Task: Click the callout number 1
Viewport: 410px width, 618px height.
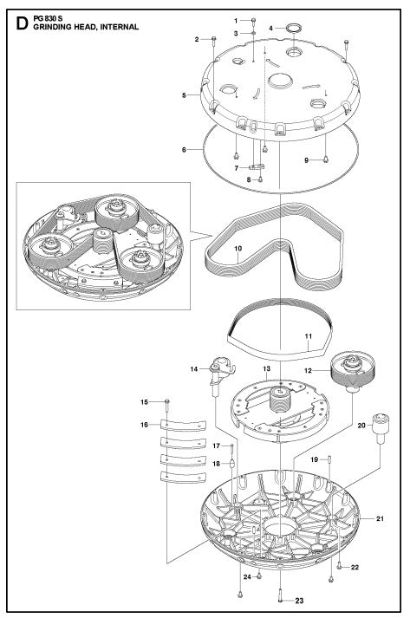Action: [x=235, y=20]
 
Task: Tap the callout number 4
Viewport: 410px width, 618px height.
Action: [x=271, y=28]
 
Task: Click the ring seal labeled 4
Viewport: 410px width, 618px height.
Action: [x=293, y=29]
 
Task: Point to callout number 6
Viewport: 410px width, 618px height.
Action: [x=184, y=150]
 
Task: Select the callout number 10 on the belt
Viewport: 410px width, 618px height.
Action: [x=238, y=249]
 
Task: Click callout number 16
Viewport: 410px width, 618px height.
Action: [x=145, y=425]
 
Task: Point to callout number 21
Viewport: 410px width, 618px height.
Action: [x=379, y=518]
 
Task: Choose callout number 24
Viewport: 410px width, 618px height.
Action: [x=246, y=576]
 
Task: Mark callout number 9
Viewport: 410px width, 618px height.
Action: [x=306, y=159]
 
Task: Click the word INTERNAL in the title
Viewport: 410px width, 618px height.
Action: [x=117, y=27]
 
